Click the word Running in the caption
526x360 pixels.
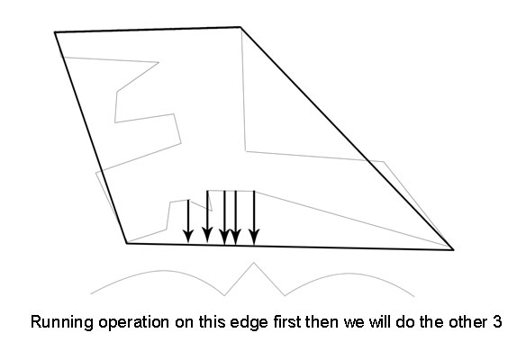tap(62, 322)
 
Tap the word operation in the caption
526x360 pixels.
tap(133, 323)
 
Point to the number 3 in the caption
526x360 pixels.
tap(497, 322)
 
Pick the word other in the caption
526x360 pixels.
tap(467, 322)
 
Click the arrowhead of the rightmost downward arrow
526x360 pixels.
tap(254, 238)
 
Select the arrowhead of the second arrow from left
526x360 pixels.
tap(207, 235)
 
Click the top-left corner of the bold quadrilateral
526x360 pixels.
tap(55, 32)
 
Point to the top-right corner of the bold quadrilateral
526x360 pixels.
tap(240, 27)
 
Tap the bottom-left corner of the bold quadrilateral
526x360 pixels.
tap(127, 243)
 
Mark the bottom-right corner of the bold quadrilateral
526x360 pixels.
tap(453, 249)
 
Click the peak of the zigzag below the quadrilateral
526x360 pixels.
tap(254, 263)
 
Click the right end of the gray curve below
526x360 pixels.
tap(414, 297)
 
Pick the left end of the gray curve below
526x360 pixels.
tap(91, 294)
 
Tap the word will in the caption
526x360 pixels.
tap(380, 322)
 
